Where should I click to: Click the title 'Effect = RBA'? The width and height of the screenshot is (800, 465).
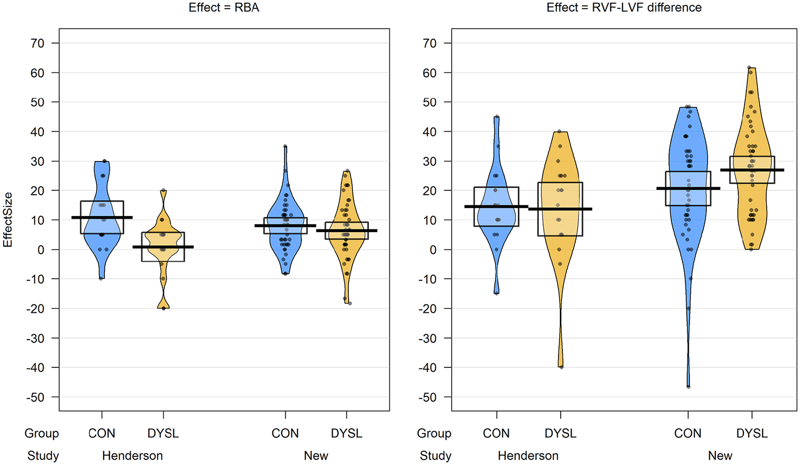(x=224, y=8)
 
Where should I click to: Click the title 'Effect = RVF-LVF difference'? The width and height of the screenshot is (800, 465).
(x=624, y=8)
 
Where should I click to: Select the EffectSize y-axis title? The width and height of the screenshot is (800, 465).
(x=8, y=220)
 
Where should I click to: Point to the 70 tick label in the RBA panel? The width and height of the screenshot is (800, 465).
(x=37, y=43)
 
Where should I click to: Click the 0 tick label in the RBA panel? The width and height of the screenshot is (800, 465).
(x=41, y=250)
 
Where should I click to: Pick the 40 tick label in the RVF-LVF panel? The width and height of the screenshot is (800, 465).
(x=429, y=132)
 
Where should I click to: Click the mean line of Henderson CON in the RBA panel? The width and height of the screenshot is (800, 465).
(x=102, y=217)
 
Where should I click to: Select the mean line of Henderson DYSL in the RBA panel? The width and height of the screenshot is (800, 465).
(x=163, y=247)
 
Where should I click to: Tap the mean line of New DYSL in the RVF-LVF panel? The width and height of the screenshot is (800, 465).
(x=752, y=170)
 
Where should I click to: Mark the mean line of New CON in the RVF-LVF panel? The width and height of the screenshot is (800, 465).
(x=688, y=188)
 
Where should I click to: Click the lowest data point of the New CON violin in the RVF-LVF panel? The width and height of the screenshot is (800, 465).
(x=688, y=386)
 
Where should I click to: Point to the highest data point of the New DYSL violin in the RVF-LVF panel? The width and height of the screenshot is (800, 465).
(x=750, y=68)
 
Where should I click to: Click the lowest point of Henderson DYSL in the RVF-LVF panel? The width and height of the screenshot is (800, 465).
(x=561, y=367)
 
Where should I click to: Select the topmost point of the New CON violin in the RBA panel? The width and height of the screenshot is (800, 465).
(x=285, y=146)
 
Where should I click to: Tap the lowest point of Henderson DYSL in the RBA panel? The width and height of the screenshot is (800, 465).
(x=163, y=308)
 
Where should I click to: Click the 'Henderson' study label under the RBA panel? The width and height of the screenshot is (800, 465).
(x=132, y=456)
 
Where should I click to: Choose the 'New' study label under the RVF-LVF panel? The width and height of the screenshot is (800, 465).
(x=720, y=456)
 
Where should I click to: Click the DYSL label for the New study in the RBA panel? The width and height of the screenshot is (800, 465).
(x=346, y=433)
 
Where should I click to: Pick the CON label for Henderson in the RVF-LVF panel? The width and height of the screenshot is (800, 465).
(x=496, y=433)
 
